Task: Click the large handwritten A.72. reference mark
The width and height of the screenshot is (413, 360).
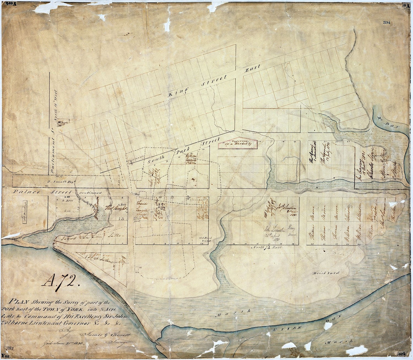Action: (x=61, y=281)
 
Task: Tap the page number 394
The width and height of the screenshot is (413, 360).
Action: (x=387, y=23)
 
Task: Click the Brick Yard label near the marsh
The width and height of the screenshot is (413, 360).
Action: (x=326, y=273)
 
